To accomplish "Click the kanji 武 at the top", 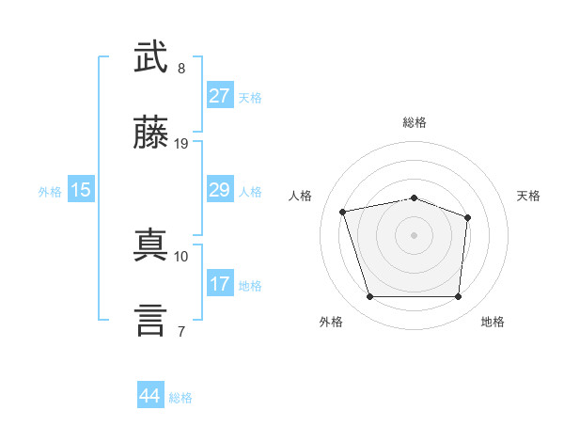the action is (150, 56).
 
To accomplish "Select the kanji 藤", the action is (150, 132).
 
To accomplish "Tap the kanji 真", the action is (150, 245).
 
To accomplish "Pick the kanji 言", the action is (150, 321).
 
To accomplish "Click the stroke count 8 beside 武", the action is (181, 69).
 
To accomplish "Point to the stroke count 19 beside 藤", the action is (180, 144).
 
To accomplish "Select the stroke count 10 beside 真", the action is (180, 257).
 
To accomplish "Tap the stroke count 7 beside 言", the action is (181, 331).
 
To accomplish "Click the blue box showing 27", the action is (220, 95).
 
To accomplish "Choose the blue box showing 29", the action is (220, 189).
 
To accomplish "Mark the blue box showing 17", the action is (220, 282).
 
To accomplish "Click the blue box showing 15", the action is (81, 189).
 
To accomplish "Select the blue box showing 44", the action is (150, 394).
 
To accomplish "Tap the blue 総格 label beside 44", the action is (180, 398).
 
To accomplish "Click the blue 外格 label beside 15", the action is (50, 192).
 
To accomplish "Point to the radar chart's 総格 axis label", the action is (415, 122).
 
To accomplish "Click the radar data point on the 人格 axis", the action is (343, 212).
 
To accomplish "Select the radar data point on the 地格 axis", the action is (458, 296).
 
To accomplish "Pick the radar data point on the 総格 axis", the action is (414, 198).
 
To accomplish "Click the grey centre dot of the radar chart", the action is (414, 235).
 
